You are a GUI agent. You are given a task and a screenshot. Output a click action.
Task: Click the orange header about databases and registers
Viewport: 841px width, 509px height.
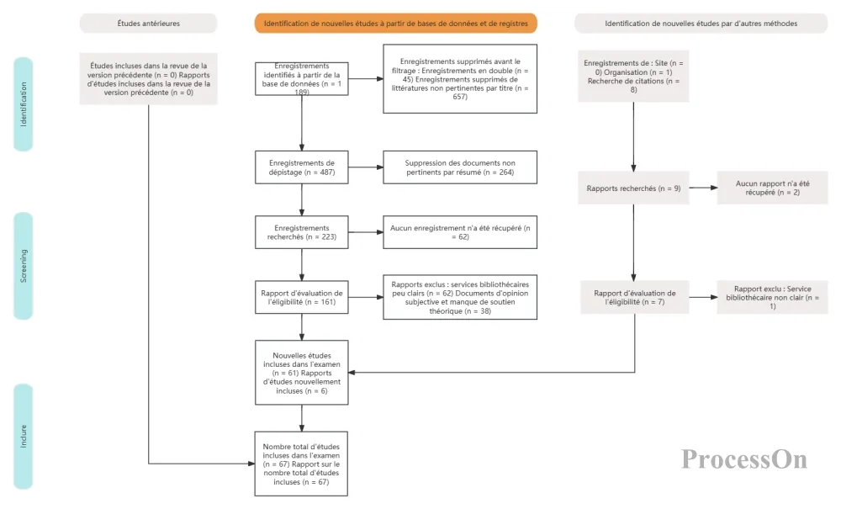coord(396,24)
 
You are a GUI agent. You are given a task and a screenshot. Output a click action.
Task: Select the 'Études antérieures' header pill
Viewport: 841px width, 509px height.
coord(149,24)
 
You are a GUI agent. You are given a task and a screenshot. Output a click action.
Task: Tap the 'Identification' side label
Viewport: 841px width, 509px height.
coord(23,104)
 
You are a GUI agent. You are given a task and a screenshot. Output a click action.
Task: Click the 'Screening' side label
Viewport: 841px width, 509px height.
coord(23,266)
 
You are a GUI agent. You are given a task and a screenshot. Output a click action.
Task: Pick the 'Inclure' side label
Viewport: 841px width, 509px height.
coord(23,436)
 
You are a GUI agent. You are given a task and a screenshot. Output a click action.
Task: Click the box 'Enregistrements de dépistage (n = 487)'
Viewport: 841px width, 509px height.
coord(301,167)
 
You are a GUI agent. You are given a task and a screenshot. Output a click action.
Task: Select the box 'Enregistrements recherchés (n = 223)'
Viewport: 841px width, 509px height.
coord(301,232)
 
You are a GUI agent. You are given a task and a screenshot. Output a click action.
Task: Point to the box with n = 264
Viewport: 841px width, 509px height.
coord(460,167)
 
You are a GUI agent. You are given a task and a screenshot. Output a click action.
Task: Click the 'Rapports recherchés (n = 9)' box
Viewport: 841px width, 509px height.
coord(633,188)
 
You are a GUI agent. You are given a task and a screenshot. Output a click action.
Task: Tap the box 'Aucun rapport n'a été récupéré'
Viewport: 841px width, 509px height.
coord(772,188)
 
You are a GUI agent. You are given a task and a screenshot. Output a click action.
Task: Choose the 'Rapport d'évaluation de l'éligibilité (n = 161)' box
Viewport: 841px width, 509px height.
coord(301,297)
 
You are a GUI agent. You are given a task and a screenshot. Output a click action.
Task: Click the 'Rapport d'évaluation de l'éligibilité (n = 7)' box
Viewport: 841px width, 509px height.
coord(634,297)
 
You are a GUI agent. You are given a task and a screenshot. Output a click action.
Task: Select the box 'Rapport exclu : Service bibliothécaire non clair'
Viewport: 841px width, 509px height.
coord(772,297)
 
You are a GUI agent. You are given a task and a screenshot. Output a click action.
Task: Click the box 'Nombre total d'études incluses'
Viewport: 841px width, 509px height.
coord(301,464)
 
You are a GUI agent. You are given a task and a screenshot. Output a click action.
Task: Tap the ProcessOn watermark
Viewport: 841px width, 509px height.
coord(744,459)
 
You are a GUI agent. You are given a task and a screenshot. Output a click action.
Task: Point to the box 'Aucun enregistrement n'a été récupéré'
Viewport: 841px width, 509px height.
coord(460,232)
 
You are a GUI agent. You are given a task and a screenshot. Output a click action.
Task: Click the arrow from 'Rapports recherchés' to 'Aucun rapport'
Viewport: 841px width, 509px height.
coord(703,188)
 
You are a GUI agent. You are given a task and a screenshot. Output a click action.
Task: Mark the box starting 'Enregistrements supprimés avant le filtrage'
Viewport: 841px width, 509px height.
coord(460,79)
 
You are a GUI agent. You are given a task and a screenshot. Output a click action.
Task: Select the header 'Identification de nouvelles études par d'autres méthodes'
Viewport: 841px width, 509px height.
coord(701,24)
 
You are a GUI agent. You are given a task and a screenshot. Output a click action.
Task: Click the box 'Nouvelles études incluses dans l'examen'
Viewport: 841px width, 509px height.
coord(301,373)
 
